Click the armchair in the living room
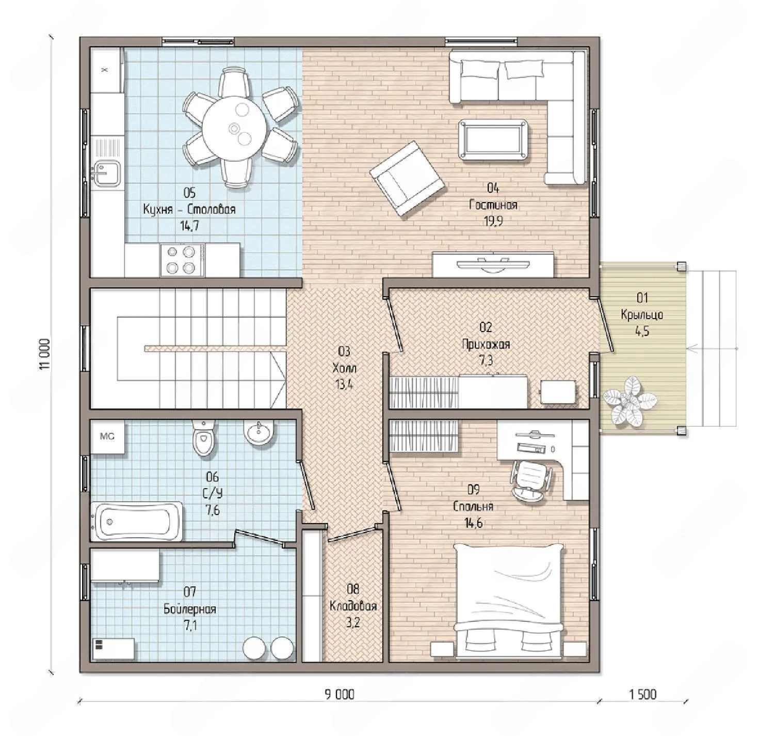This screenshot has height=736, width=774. pyautogui.click(x=407, y=178)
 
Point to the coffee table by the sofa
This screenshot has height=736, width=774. pyautogui.click(x=493, y=139)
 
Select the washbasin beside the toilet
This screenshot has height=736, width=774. pyautogui.click(x=259, y=433)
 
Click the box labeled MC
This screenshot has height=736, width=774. pyautogui.click(x=107, y=436)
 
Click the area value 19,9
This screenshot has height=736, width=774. pyautogui.click(x=493, y=221)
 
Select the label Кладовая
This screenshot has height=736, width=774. pyautogui.click(x=353, y=606)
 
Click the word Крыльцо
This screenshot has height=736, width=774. pyautogui.click(x=642, y=315)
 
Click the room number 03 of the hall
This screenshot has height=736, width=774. pyautogui.click(x=345, y=351)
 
